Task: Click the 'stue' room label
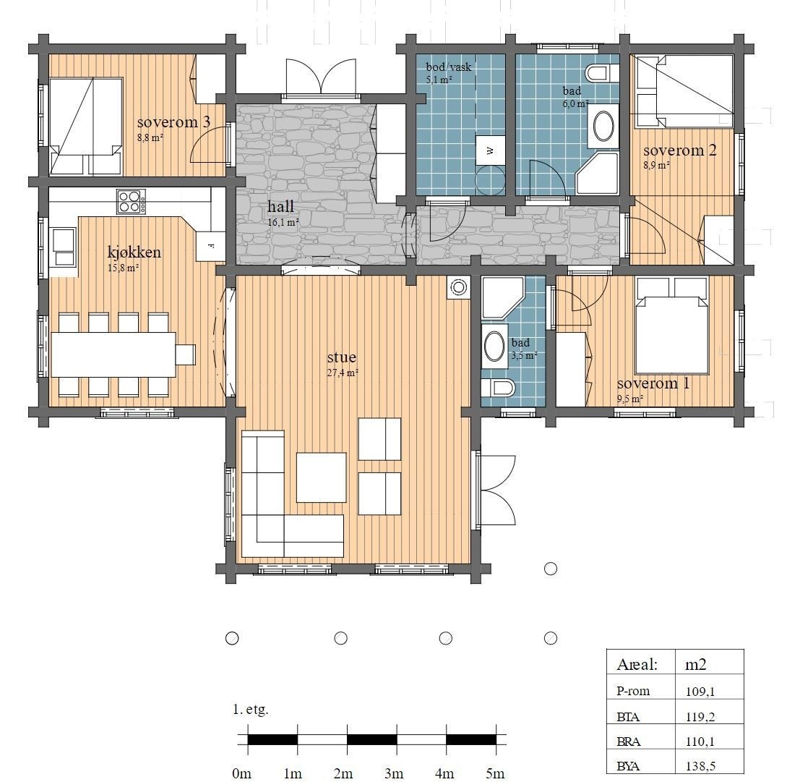pos(342,358)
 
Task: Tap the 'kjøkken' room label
pos(134,252)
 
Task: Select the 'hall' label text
pos(281,208)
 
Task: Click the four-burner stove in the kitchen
pos(131,200)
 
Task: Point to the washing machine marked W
pos(490,150)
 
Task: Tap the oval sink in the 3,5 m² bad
pos(494,347)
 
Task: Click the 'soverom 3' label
pos(173,122)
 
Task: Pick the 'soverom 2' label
pos(679,150)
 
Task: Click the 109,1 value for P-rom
pos(699,691)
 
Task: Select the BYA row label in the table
pos(628,765)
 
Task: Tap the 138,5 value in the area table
pos(700,765)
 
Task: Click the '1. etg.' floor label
pos(251,710)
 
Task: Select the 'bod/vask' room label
pos(448,67)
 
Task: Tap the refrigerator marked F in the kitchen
pos(211,245)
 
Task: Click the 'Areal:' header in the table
pos(637,664)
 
